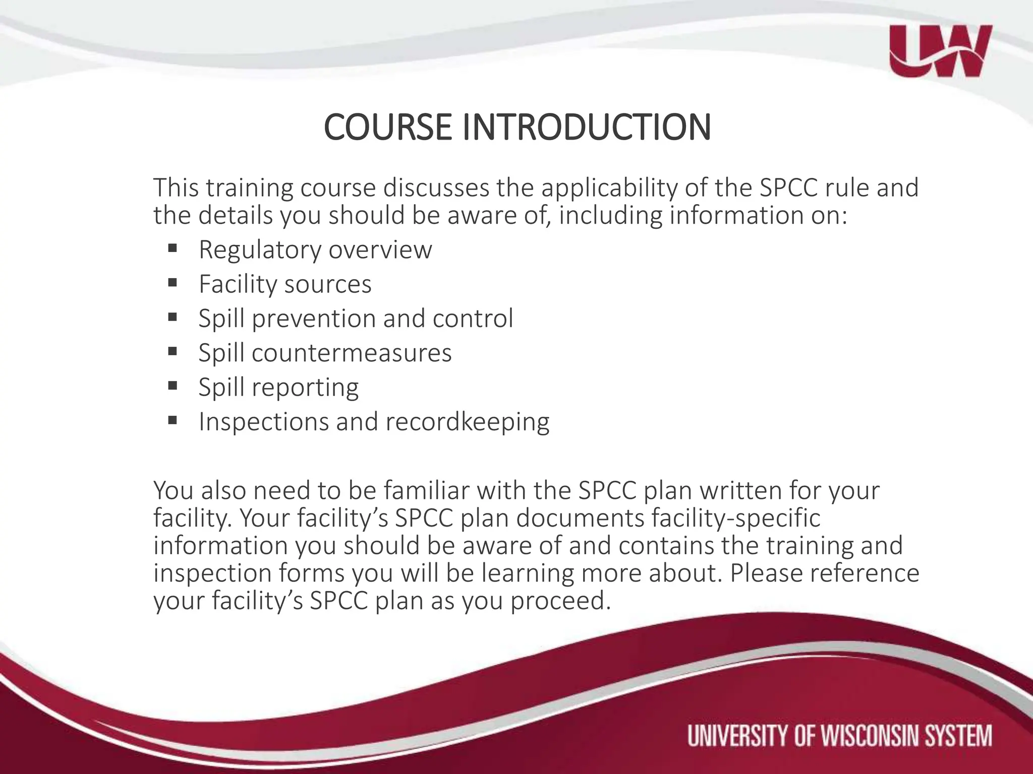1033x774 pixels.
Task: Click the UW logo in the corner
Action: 940,51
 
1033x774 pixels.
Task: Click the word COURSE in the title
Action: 387,127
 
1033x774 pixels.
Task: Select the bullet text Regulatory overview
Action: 315,249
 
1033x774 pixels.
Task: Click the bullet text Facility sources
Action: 285,284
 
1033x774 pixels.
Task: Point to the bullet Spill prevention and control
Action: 356,318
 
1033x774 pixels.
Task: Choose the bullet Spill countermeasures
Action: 325,353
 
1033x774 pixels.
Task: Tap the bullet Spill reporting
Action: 278,387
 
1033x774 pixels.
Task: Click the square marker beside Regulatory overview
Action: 173,248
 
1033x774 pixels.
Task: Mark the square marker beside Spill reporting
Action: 173,385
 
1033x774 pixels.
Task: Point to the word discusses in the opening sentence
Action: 436,188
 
